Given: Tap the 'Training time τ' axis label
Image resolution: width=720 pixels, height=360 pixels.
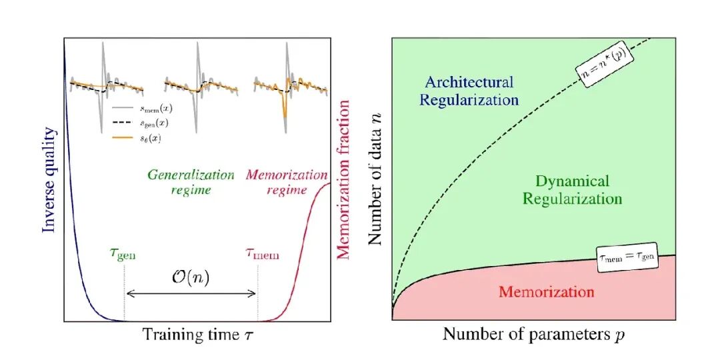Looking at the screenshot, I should click(x=197, y=335).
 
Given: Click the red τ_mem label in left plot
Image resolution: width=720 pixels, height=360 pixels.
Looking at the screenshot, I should click(x=258, y=253).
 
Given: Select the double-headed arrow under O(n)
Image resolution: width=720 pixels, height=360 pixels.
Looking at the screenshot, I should click(x=191, y=293).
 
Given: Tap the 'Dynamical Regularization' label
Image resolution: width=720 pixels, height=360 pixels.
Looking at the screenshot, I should click(x=572, y=189).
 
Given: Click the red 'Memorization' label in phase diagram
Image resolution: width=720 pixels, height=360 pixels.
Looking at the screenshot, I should click(x=546, y=292).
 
